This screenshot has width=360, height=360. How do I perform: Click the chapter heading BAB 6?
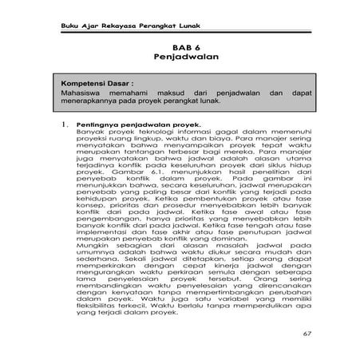coord(179,49)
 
